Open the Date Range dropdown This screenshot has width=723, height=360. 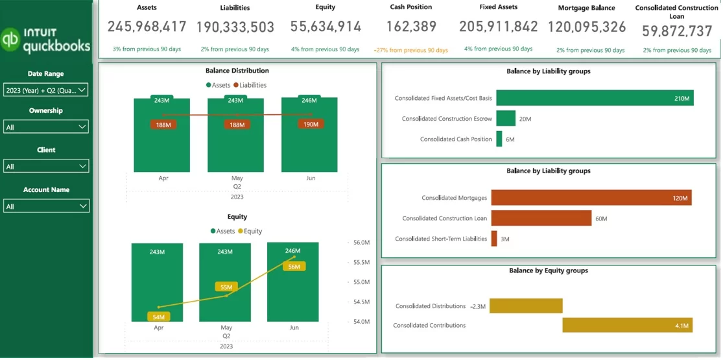pos(45,91)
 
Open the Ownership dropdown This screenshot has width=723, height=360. pos(45,127)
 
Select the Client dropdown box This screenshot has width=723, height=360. pos(45,167)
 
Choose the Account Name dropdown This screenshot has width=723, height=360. pos(45,206)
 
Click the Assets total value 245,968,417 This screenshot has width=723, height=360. pos(147,27)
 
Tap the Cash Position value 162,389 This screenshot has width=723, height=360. pos(410,27)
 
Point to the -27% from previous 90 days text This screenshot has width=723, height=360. pos(410,50)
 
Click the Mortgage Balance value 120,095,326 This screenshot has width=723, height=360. pos(587,27)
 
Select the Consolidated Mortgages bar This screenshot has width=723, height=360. pos(591,198)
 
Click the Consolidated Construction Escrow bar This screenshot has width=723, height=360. pos(506,119)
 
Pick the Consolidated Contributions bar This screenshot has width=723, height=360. pos(627,325)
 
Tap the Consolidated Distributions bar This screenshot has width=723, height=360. pos(526,306)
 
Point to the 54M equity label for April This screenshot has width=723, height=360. pos(159,317)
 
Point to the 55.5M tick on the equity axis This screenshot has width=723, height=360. pos(361,263)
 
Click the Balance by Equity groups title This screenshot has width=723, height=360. pos(548,270)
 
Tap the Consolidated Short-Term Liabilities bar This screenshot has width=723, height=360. pos(494,239)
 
